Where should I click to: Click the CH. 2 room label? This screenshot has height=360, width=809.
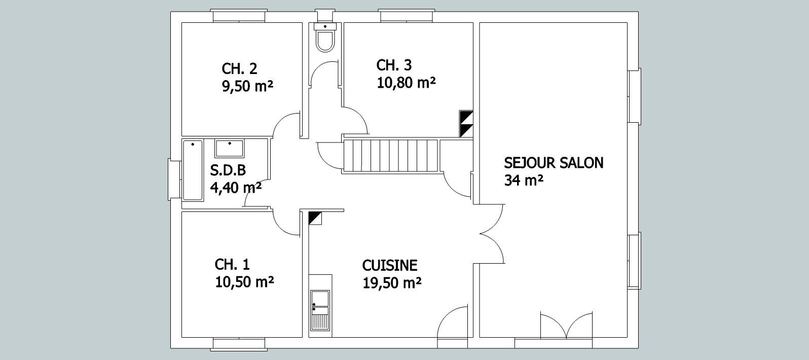(x=239, y=68)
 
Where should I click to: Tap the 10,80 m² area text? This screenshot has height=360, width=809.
(x=406, y=83)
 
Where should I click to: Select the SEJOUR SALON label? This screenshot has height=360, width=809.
(x=554, y=163)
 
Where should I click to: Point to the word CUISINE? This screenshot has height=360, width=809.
(x=390, y=266)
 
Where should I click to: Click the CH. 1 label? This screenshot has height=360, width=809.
(x=232, y=265)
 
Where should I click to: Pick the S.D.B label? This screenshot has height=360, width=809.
(x=228, y=170)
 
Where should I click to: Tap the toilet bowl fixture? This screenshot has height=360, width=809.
(x=325, y=38)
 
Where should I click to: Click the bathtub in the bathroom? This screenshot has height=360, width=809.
(x=193, y=170)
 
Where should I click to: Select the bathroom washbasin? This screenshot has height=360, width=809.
(x=229, y=149)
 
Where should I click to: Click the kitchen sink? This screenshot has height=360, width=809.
(x=320, y=310)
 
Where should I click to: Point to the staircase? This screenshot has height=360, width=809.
(x=390, y=156)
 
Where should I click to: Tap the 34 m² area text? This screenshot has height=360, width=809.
(x=524, y=181)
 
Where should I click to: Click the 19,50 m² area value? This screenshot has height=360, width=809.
(x=392, y=283)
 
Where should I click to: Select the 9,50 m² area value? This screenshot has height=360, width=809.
(x=247, y=86)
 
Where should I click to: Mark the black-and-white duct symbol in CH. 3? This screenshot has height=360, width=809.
(x=466, y=124)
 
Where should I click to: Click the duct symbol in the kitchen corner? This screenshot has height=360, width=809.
(x=315, y=218)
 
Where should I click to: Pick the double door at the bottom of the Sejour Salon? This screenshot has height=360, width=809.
(x=566, y=326)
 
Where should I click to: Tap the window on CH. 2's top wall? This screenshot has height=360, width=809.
(x=239, y=16)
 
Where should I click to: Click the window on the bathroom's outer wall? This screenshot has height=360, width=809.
(x=174, y=179)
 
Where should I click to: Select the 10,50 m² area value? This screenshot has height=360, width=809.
(x=244, y=282)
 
